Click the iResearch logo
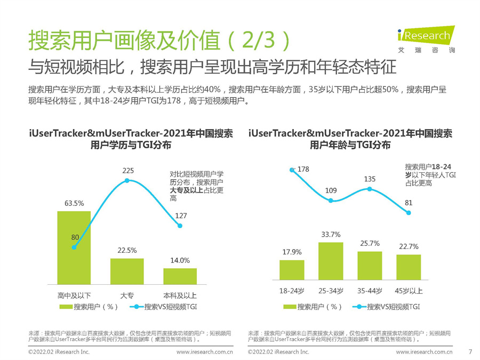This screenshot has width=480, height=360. click(x=424, y=39)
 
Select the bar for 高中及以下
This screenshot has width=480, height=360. click(x=74, y=247)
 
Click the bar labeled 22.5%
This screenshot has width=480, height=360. click(x=127, y=271)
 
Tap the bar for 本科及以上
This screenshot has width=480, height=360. click(x=180, y=276)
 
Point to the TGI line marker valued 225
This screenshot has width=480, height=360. click(x=127, y=181)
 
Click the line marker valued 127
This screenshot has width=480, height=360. click(x=180, y=226)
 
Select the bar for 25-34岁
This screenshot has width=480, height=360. click(x=331, y=261)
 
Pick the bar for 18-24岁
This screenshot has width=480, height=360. click(x=292, y=269)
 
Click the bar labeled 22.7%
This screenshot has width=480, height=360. click(x=409, y=267)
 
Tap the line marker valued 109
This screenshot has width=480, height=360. click(x=331, y=201)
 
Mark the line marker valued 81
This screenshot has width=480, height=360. click(x=409, y=213)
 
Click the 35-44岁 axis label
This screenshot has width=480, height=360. click(x=370, y=291)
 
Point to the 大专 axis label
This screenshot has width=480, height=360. click(x=127, y=295)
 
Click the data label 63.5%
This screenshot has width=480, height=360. click(x=74, y=203)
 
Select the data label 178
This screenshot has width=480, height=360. click(x=303, y=169)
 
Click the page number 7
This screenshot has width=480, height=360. click(x=469, y=351)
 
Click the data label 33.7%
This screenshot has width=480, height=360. click(x=331, y=234)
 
